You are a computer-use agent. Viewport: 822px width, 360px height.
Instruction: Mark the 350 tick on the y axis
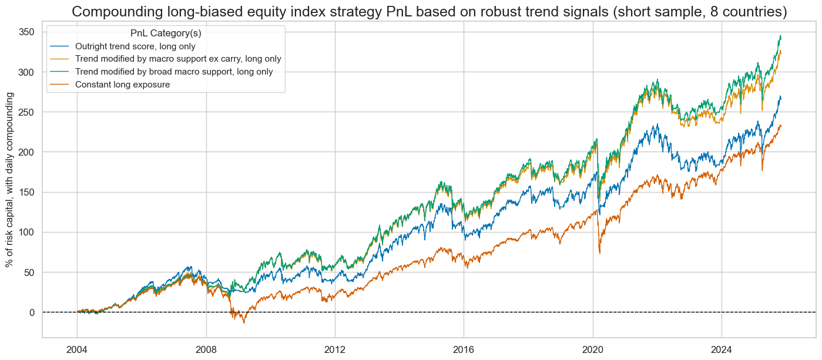[x=26, y=32]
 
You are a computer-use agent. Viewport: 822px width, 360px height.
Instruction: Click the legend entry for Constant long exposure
[x=123, y=84]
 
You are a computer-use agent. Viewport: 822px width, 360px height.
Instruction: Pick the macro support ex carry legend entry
[x=173, y=59]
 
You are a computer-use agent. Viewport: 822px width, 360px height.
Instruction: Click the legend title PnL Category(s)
[x=165, y=33]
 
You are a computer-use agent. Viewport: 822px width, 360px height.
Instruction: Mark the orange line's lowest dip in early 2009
[x=244, y=323]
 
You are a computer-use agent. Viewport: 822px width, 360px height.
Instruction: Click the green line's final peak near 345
[x=780, y=36]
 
